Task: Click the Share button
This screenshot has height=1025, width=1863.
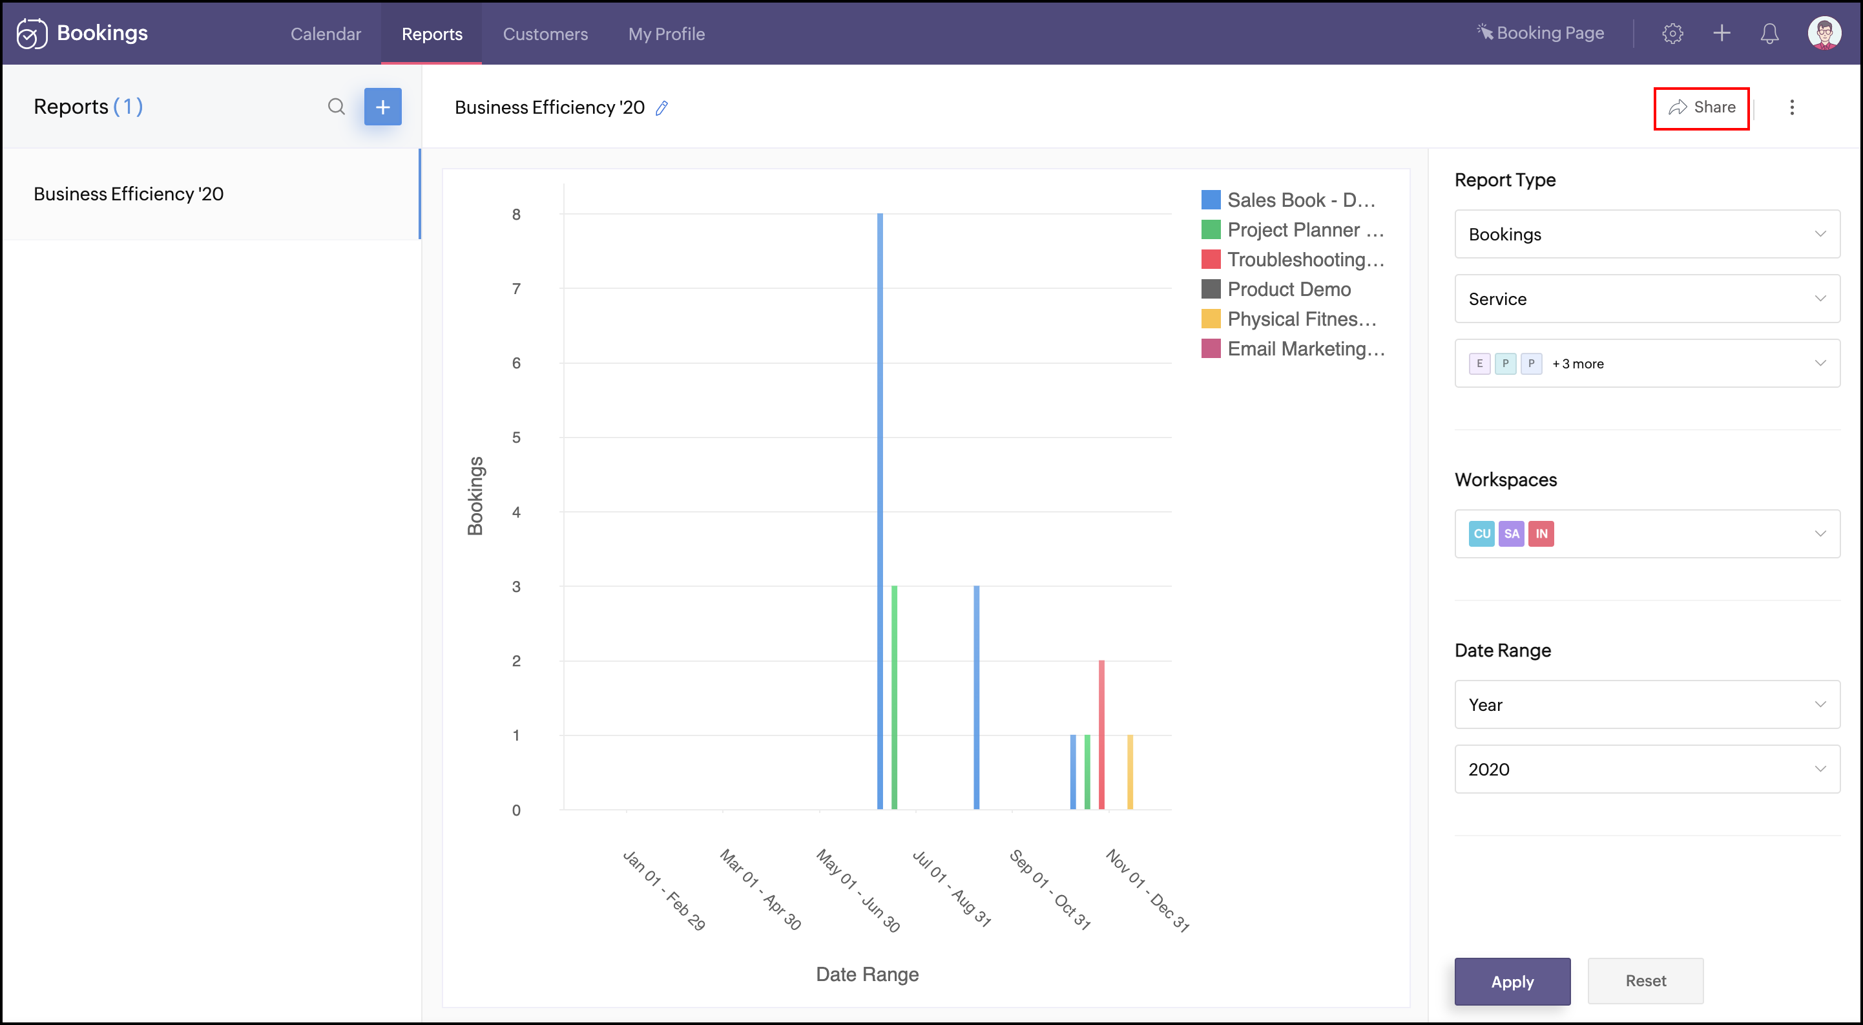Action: pyautogui.click(x=1701, y=108)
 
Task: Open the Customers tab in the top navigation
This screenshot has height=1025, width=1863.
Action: pyautogui.click(x=545, y=34)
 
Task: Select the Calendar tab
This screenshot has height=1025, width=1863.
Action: pyautogui.click(x=326, y=34)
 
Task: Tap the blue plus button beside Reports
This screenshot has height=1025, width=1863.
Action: pyautogui.click(x=382, y=107)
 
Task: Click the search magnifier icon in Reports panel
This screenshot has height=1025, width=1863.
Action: pyautogui.click(x=337, y=107)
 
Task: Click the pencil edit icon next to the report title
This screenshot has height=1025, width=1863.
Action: pyautogui.click(x=661, y=108)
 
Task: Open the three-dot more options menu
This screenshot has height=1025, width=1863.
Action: pyautogui.click(x=1791, y=108)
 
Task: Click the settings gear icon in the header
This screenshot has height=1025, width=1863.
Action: pyautogui.click(x=1672, y=33)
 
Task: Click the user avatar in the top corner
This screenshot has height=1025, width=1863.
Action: pyautogui.click(x=1824, y=33)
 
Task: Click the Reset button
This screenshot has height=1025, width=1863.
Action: pyautogui.click(x=1645, y=981)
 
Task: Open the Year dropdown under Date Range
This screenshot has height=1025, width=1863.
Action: pyautogui.click(x=1647, y=704)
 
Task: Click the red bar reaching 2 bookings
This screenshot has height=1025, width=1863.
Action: pyautogui.click(x=1101, y=734)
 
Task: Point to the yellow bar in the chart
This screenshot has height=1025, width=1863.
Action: pyautogui.click(x=1130, y=772)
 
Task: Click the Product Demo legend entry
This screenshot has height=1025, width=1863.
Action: pyautogui.click(x=1288, y=290)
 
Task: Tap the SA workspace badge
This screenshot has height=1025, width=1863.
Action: pyautogui.click(x=1511, y=534)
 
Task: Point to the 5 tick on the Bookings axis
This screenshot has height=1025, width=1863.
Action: pyautogui.click(x=516, y=438)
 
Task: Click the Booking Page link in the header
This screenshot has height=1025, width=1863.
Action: pyautogui.click(x=1541, y=33)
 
